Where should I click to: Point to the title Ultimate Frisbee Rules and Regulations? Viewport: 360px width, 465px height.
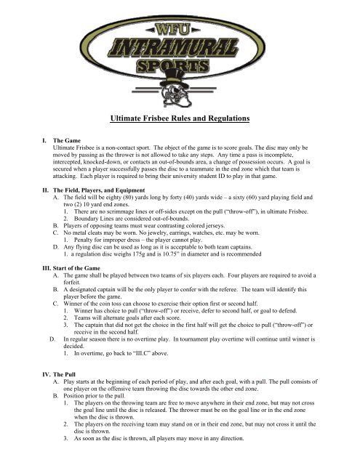[x=180, y=118]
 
